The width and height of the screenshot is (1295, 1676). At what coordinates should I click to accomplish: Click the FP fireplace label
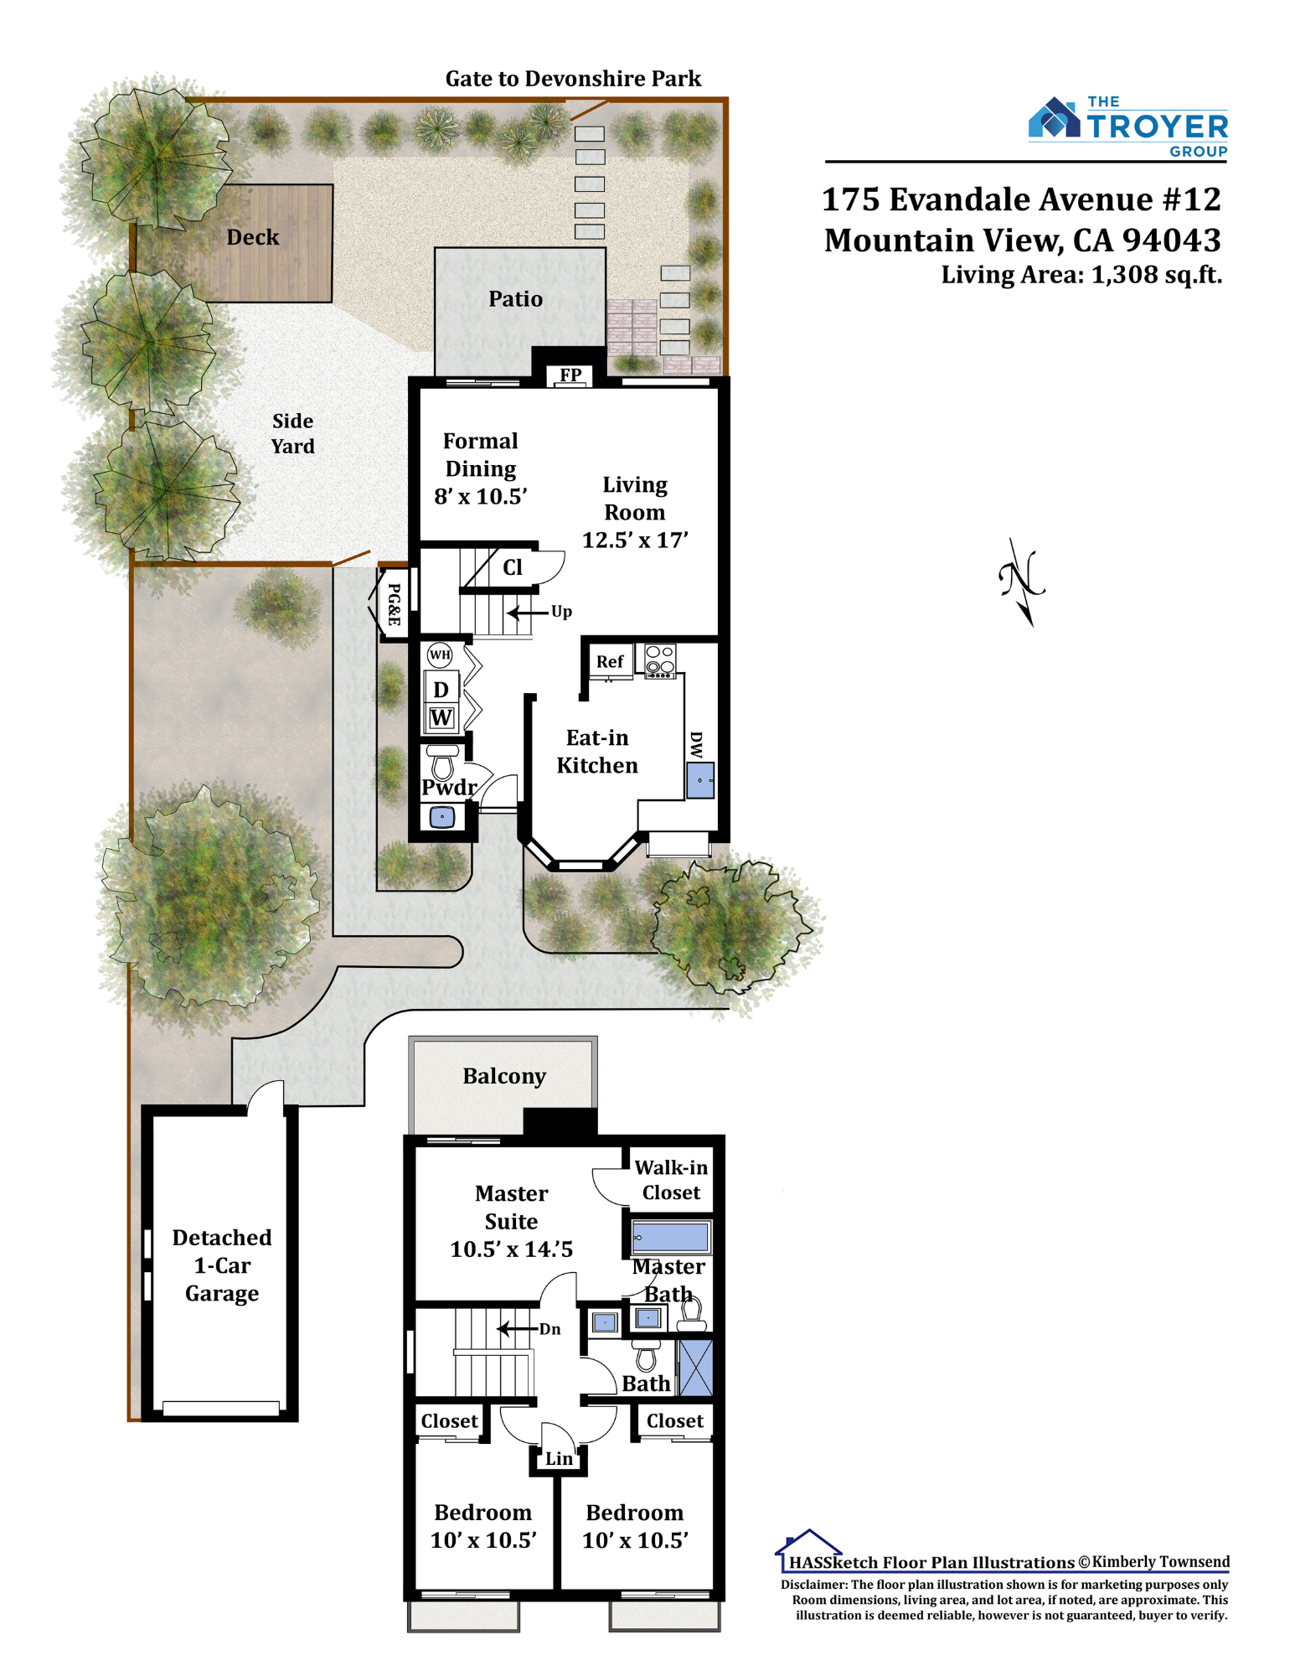pos(570,375)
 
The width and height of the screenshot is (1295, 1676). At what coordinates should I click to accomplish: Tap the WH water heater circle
pos(440,654)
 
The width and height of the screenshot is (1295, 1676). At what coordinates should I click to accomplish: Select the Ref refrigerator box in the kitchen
pos(610,661)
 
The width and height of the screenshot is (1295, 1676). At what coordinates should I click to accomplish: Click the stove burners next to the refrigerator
pos(660,660)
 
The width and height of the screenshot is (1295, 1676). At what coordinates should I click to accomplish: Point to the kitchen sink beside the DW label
pos(700,780)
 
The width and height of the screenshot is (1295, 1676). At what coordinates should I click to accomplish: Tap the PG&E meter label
pos(394,604)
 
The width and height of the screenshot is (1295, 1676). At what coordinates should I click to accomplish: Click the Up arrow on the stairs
pos(528,613)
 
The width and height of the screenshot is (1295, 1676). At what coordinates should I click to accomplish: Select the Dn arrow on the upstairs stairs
pos(517,1328)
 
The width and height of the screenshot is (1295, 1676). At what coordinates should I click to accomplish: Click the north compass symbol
pos(1023,581)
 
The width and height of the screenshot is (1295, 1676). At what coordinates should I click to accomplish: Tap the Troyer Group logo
pos(1127,127)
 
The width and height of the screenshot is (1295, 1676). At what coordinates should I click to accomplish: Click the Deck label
pos(252,237)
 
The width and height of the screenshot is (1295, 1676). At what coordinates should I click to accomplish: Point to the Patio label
pos(515,299)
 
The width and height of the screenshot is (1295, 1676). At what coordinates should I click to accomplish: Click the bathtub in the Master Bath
pos(670,1237)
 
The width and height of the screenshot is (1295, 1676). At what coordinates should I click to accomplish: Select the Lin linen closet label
pos(559,1459)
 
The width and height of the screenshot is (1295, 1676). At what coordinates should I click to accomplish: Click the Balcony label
pos(504,1076)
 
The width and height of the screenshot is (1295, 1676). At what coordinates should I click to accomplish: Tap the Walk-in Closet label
pos(671,1180)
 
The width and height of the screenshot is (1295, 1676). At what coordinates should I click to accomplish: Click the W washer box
pos(441,717)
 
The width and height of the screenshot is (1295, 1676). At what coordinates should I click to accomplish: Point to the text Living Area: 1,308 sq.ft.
pos(1081,275)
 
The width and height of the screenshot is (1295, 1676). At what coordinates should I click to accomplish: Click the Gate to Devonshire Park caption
pos(573,79)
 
